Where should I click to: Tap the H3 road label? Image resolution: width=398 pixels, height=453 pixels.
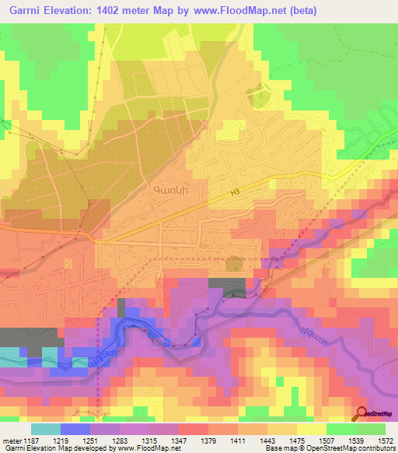pyautogui.click(x=236, y=195)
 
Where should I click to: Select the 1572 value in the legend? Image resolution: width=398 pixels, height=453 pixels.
pyautogui.click(x=386, y=441)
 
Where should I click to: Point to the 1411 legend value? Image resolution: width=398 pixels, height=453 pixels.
pyautogui.click(x=238, y=441)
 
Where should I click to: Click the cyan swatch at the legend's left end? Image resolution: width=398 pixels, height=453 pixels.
pyautogui.click(x=45, y=429)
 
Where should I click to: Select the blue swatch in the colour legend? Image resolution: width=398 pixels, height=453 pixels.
pyautogui.click(x=75, y=429)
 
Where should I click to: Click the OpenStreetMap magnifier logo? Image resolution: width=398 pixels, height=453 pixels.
pyautogui.click(x=362, y=413)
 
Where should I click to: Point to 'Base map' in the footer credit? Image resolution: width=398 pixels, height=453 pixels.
pyautogui.click(x=278, y=449)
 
